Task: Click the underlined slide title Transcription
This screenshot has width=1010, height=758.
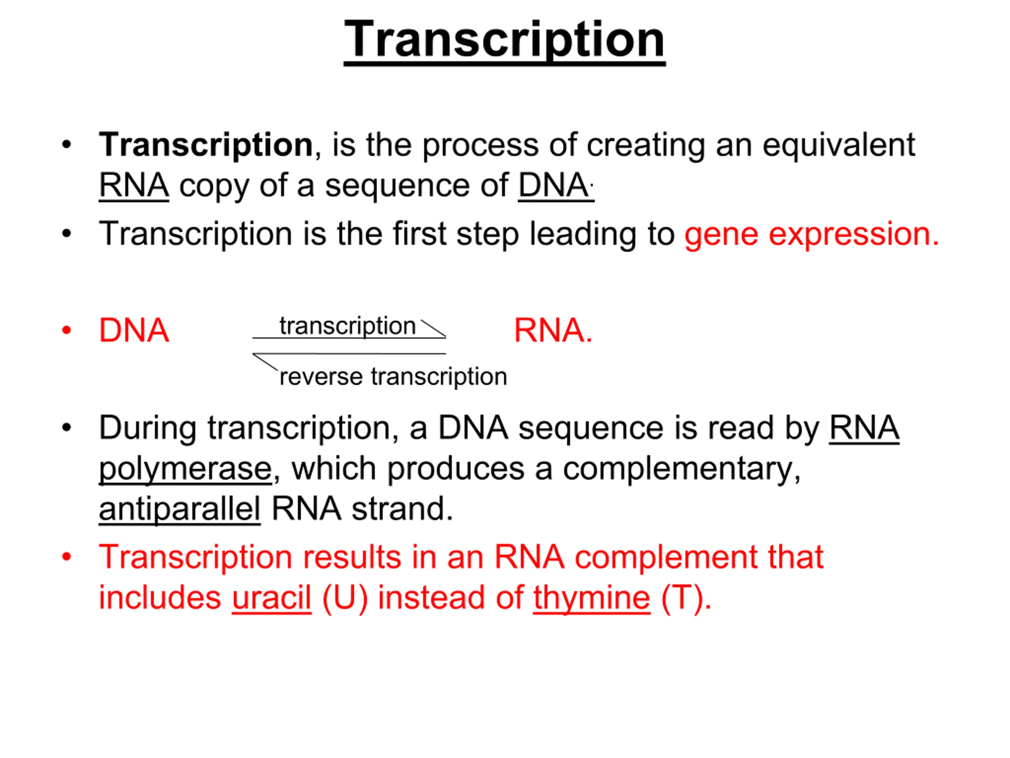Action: [505, 41]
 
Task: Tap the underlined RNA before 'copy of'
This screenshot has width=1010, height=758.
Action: [134, 186]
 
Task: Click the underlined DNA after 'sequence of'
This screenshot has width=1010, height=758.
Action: [554, 186]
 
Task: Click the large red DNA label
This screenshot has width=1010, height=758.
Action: [134, 330]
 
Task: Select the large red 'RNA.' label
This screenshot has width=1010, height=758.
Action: [553, 330]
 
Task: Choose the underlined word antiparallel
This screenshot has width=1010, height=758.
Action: [180, 509]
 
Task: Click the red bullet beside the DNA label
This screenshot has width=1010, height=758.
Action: [67, 330]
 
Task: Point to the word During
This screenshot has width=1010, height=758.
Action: [148, 429]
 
